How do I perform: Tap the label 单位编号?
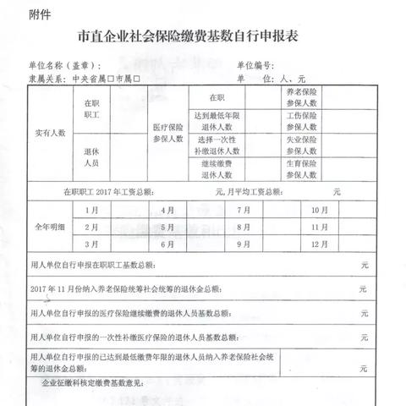click(255, 65)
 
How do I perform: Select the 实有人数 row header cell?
click(50, 133)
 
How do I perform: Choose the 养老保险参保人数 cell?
click(302, 98)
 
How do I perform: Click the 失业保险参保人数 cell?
click(302, 145)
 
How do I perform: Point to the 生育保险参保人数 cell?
click(302, 169)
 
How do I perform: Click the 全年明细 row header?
click(50, 227)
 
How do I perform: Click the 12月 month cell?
click(320, 244)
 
